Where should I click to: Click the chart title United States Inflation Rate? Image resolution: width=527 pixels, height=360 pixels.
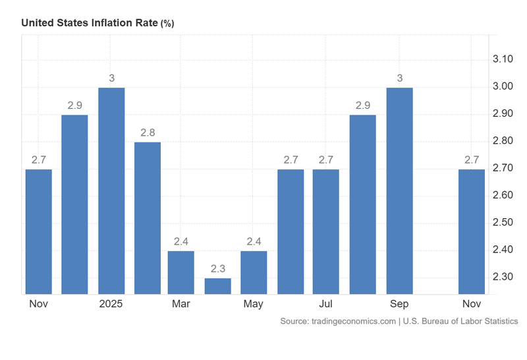point(90,22)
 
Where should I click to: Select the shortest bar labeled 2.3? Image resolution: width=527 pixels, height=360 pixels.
point(218,286)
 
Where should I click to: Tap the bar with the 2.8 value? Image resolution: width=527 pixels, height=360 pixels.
point(147,218)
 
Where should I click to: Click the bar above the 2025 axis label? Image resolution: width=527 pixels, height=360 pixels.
point(111,191)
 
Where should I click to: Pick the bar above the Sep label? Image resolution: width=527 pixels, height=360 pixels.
point(399,191)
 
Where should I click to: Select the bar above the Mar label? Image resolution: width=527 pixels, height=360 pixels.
point(181,272)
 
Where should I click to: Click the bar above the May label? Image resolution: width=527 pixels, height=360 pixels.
point(254,272)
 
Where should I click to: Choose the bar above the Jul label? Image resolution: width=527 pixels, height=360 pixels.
point(325,231)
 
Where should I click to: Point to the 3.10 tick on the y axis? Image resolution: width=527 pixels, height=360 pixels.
point(503,59)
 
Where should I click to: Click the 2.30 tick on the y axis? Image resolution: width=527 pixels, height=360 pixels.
point(503,277)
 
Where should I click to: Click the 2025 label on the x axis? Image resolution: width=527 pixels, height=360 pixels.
point(111,304)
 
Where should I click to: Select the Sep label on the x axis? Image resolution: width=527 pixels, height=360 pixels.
point(399,304)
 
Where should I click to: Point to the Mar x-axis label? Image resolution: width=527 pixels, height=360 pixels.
point(181,304)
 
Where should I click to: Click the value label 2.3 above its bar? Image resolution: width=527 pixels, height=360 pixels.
point(218,268)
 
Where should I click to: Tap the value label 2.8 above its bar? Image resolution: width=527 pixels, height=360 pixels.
point(147,132)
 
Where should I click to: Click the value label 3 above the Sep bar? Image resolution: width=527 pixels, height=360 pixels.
point(399,78)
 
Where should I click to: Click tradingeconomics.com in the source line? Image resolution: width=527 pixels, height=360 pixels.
point(355,321)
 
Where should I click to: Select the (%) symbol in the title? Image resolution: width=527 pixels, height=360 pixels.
point(167,23)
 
